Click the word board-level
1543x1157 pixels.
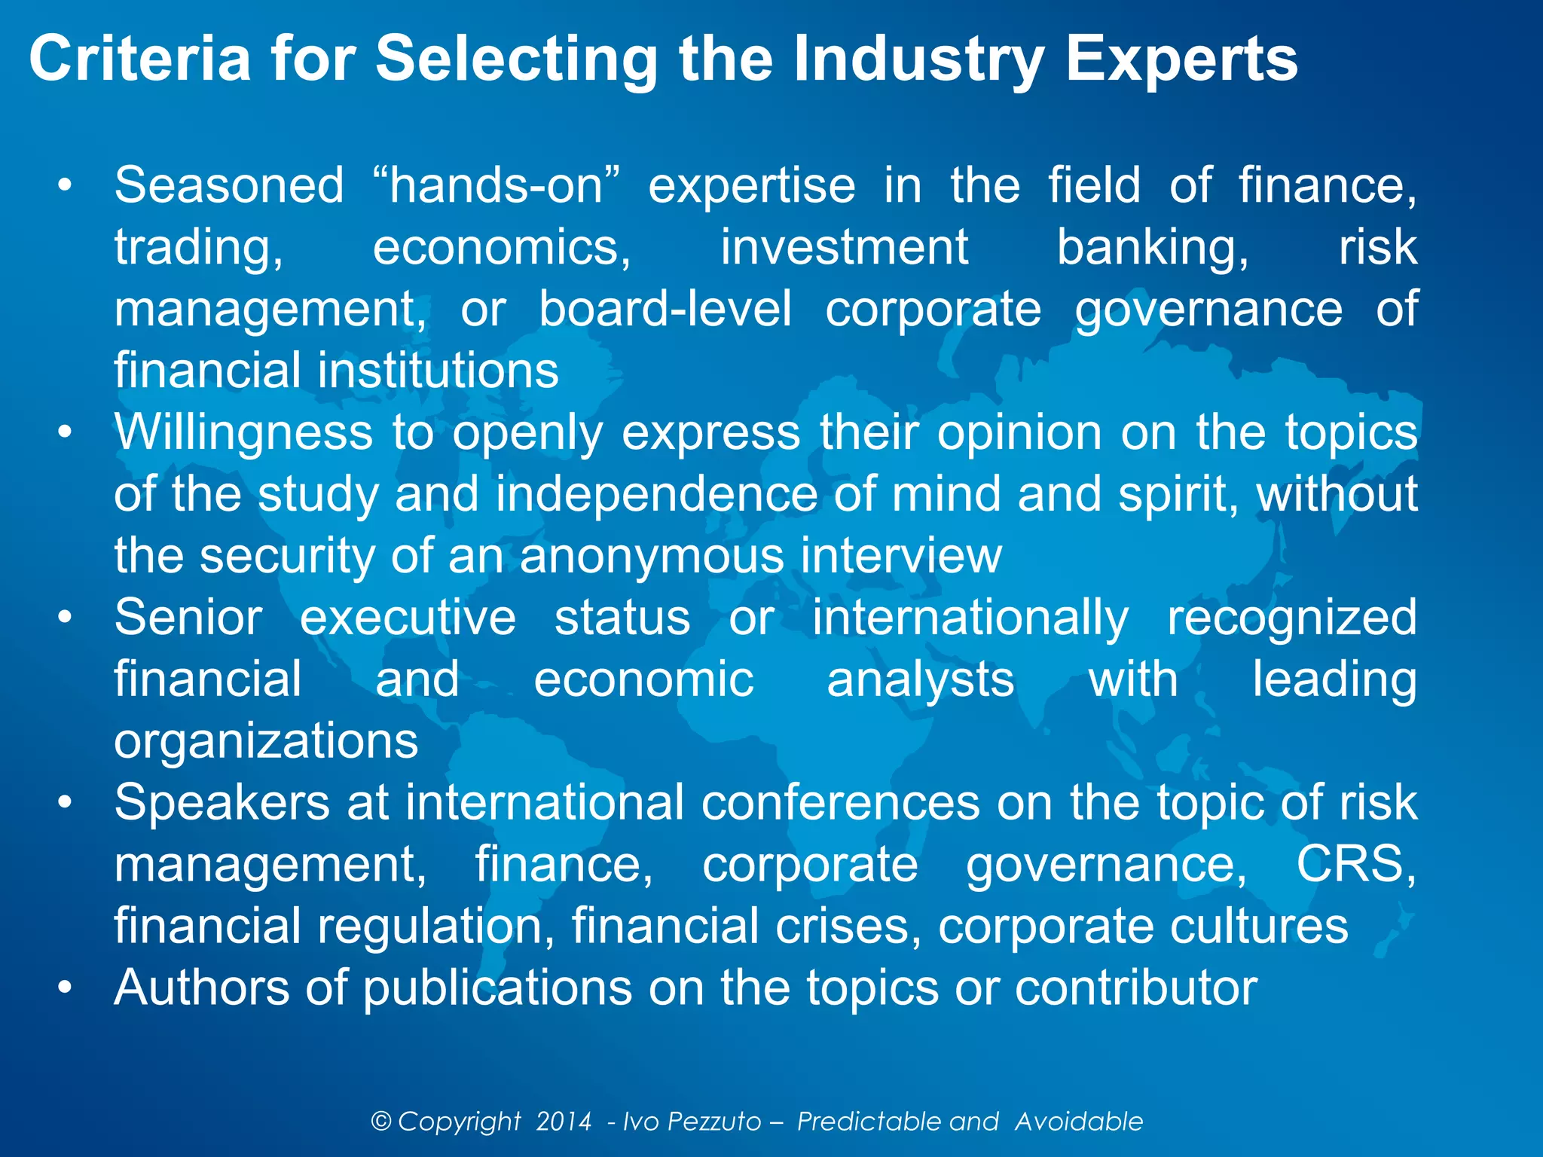click(665, 309)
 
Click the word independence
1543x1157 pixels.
click(656, 494)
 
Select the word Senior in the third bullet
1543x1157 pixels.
click(188, 618)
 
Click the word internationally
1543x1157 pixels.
click(970, 618)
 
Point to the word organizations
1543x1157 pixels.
click(266, 741)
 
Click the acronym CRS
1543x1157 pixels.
click(1355, 864)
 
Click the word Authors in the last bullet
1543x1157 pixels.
click(200, 988)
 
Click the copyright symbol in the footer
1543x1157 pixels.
click(381, 1122)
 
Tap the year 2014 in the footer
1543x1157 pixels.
click(564, 1122)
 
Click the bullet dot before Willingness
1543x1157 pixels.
click(66, 433)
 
